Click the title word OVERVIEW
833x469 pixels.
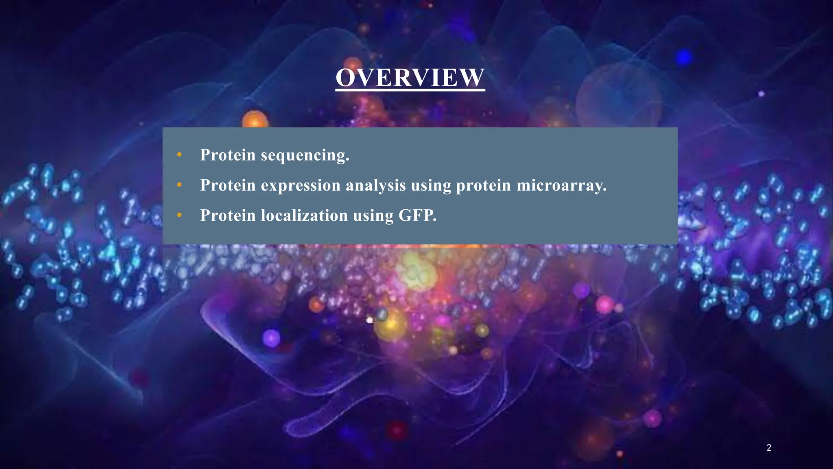click(x=410, y=77)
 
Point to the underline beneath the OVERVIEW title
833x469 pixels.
click(x=410, y=90)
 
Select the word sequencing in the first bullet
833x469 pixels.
click(x=305, y=155)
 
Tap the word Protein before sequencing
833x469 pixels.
click(x=228, y=155)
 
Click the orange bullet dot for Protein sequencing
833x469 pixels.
click(x=179, y=155)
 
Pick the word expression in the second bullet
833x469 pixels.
click(x=301, y=186)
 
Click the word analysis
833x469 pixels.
click(x=375, y=186)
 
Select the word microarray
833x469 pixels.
click(x=561, y=186)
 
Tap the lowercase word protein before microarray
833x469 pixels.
click(x=483, y=186)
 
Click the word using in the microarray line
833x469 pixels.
click(x=431, y=186)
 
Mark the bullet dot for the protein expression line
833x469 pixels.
click(x=179, y=185)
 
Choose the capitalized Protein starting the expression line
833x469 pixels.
click(x=228, y=185)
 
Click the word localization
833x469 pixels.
click(x=304, y=215)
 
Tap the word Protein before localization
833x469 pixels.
click(x=228, y=215)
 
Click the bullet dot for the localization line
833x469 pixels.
click(x=179, y=215)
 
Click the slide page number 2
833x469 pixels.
click(x=769, y=448)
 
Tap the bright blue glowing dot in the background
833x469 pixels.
click(x=684, y=57)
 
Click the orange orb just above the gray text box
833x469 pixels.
click(x=255, y=119)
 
